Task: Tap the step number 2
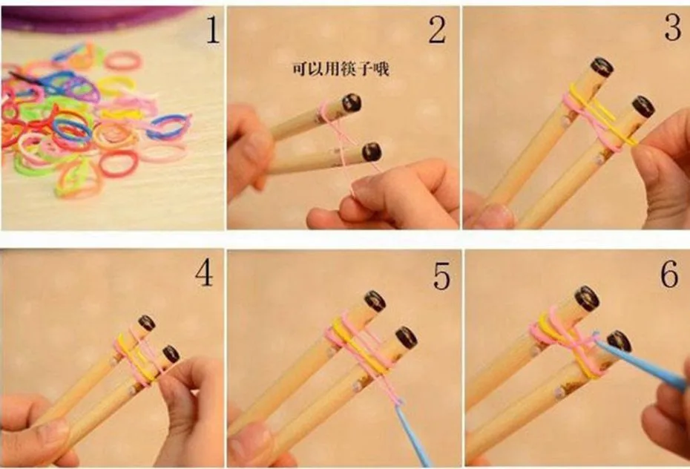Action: tap(438, 31)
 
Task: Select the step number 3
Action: tap(673, 28)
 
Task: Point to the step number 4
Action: tap(204, 274)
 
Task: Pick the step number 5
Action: tap(441, 276)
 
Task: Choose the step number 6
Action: tap(669, 274)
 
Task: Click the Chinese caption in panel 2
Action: tap(341, 69)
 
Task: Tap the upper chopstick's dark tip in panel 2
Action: tap(352, 102)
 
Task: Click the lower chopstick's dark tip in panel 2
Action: tap(372, 152)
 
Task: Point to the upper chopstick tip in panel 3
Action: tap(602, 68)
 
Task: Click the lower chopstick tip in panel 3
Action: tap(643, 107)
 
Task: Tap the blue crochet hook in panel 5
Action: tap(414, 436)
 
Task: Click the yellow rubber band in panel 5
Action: tap(358, 347)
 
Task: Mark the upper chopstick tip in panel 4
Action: tap(147, 323)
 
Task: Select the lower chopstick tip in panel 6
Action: tap(620, 341)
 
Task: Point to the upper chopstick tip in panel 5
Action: tap(375, 301)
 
